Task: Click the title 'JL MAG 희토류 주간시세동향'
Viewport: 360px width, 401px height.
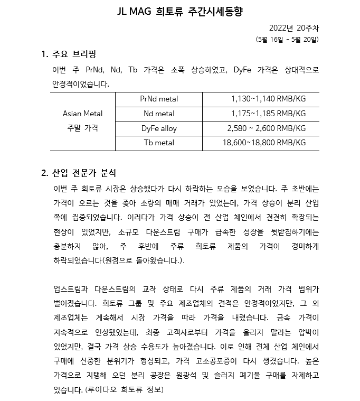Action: point(179,12)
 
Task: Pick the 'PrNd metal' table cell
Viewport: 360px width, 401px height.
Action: point(159,99)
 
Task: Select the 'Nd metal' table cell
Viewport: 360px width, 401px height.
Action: point(159,114)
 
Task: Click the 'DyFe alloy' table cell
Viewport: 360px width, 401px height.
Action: point(159,128)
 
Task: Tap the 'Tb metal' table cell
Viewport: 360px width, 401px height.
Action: point(159,143)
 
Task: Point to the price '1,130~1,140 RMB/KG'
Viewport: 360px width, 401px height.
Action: point(268,99)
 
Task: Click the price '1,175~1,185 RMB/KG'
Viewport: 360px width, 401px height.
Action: point(268,114)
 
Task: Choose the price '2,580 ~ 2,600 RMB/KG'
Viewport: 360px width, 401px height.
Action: point(266,128)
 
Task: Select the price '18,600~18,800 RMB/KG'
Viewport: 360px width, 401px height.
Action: point(264,143)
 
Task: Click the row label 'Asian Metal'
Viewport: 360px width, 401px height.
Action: point(82,114)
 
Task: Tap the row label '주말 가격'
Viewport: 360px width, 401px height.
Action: point(82,128)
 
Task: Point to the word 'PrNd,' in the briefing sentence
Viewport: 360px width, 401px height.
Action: point(95,70)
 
